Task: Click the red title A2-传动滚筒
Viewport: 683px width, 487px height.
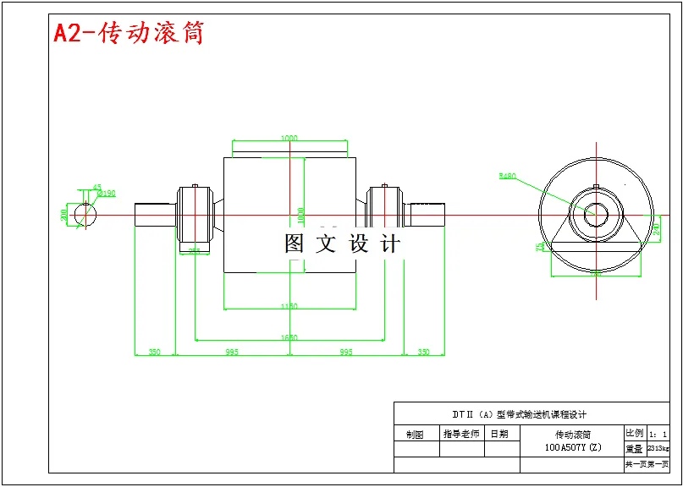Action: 129,33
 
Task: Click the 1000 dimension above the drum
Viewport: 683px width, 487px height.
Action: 289,138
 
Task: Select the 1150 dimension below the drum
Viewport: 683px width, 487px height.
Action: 289,306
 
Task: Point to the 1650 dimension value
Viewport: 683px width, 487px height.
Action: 289,337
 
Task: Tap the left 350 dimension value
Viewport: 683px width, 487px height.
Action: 155,351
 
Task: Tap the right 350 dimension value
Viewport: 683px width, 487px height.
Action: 424,351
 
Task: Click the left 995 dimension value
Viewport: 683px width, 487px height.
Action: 232,351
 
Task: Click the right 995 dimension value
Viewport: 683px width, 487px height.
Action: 345,351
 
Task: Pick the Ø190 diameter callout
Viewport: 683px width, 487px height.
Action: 107,194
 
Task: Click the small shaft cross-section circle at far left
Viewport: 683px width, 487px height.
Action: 85,215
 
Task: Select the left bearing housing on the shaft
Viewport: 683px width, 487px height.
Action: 194,215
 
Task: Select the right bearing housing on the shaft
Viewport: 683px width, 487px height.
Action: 385,215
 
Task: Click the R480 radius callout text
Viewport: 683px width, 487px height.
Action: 507,176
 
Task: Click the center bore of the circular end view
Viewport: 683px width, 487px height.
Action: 597,215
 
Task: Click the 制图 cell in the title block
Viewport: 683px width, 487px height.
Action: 415,435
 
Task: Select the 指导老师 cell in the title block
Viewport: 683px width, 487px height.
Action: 461,434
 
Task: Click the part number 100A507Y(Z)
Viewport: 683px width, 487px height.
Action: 572,447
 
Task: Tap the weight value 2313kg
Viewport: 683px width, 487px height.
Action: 658,448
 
